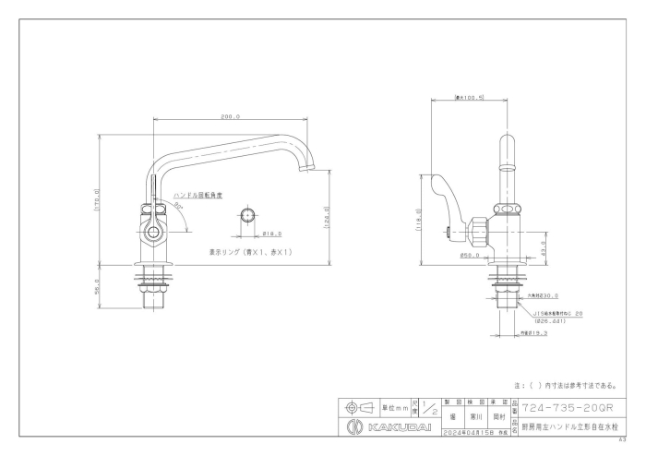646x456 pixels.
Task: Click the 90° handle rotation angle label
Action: tap(178, 208)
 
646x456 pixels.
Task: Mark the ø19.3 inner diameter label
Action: tap(534, 333)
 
